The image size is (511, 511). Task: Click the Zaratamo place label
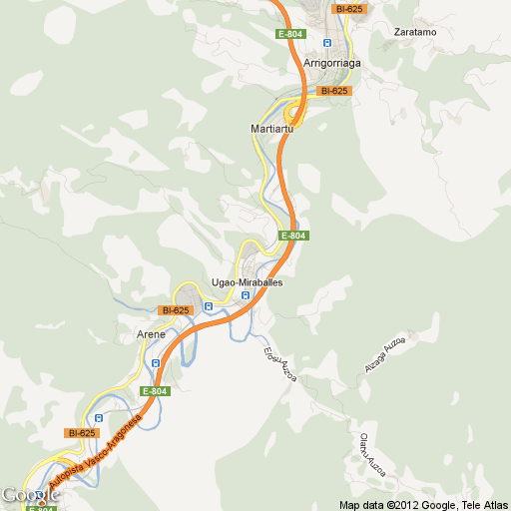(415, 32)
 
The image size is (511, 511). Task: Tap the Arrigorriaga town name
(331, 63)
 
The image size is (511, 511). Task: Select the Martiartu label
(269, 130)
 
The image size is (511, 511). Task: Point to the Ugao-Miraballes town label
(248, 282)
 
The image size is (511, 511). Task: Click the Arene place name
(150, 334)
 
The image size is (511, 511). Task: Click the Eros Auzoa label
(280, 364)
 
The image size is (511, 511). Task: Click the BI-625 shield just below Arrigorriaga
(333, 91)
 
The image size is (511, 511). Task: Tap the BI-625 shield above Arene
(174, 310)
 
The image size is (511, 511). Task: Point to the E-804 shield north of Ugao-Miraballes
(293, 236)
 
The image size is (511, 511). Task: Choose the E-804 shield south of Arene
(155, 391)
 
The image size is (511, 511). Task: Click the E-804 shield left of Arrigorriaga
(290, 34)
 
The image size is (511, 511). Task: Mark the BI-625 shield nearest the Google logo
(80, 433)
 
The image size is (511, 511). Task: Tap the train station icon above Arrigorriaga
(327, 44)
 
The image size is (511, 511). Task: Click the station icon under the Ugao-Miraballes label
(246, 295)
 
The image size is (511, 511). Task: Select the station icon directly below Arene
(156, 363)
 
